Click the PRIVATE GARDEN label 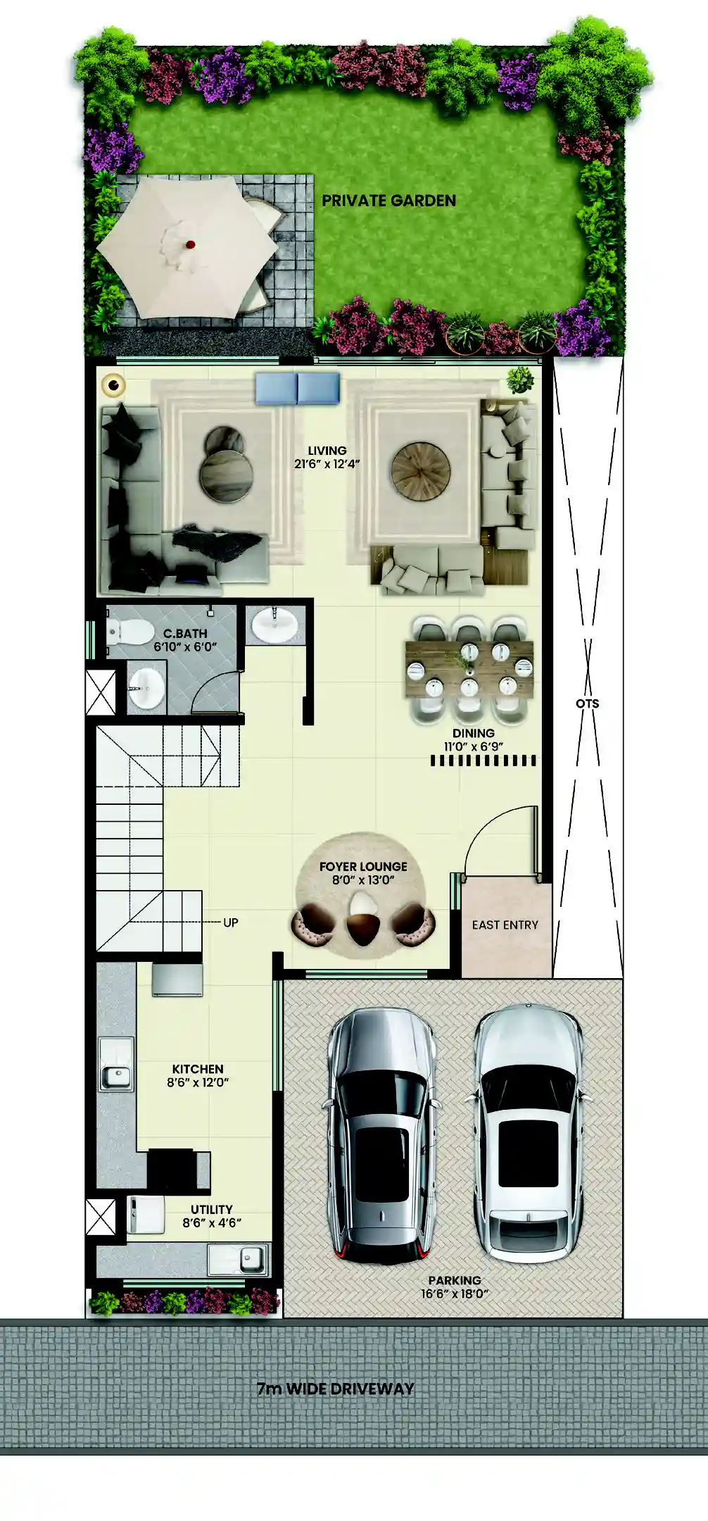click(388, 201)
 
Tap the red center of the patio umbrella click(189, 244)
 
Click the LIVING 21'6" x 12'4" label click(327, 457)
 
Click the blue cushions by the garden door click(297, 389)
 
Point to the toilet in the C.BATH click(130, 632)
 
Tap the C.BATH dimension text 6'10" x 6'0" click(185, 647)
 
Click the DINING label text click(473, 733)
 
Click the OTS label click(587, 703)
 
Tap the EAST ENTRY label click(505, 925)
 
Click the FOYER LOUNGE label click(363, 867)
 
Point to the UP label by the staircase click(231, 922)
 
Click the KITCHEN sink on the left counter click(115, 1076)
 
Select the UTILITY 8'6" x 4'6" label click(211, 1216)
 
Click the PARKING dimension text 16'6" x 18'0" click(455, 1294)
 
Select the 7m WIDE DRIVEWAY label click(335, 1389)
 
